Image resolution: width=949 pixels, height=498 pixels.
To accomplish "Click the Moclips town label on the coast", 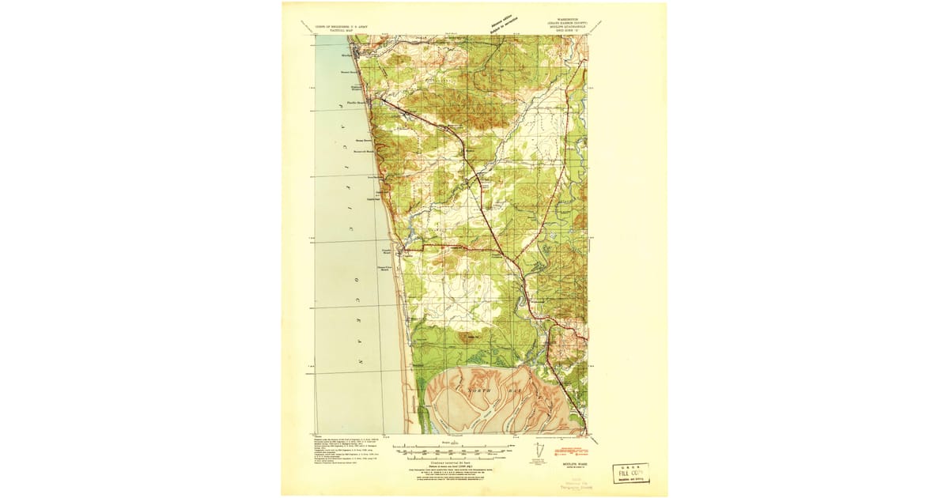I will (346, 55).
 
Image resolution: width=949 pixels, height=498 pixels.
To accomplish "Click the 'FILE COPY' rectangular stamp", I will (630, 473).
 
